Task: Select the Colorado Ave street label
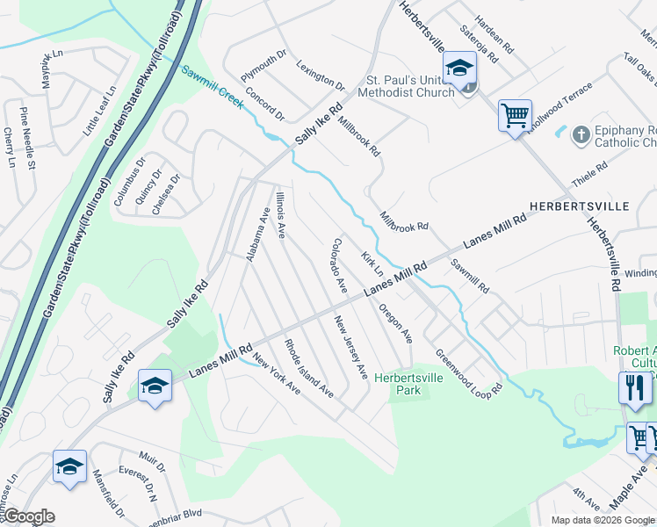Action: click(339, 265)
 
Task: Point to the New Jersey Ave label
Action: click(350, 348)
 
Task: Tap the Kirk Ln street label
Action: click(372, 265)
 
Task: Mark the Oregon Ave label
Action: click(395, 322)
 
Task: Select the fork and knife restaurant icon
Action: click(634, 387)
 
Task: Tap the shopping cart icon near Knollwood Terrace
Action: click(515, 114)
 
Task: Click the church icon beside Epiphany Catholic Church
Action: click(581, 135)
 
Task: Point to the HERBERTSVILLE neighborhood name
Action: click(580, 206)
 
